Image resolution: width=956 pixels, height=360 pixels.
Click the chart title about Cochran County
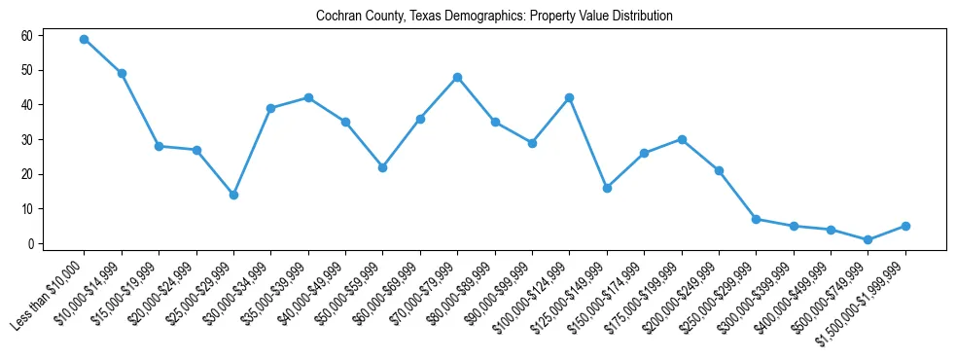tap(494, 17)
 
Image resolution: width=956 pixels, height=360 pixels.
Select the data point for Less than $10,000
tap(84, 39)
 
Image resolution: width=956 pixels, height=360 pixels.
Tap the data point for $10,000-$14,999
tap(122, 73)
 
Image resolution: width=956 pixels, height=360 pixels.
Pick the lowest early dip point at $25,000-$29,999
tap(233, 195)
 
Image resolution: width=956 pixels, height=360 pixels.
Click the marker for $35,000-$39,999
tap(308, 97)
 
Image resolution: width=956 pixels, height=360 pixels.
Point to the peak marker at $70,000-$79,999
tap(457, 77)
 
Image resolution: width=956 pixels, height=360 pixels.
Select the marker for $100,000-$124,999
tap(569, 97)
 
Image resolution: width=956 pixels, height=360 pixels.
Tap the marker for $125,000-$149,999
tap(607, 188)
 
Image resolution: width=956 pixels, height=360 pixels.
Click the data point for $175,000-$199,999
tap(682, 139)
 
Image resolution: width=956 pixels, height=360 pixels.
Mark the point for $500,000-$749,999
tap(867, 239)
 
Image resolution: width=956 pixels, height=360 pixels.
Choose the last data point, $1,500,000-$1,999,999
tap(905, 226)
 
